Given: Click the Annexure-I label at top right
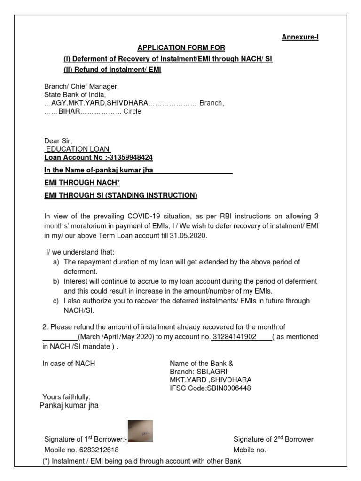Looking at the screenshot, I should click(300, 37).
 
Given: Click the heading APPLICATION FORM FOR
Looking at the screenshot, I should click(181, 48).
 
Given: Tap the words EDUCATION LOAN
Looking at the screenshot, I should click(78, 149).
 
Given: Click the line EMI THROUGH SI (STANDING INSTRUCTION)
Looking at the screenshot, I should click(121, 195).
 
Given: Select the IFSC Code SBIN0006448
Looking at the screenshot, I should click(231, 388).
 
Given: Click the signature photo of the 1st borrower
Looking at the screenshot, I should click(140, 431).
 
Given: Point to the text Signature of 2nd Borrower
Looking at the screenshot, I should click(273, 440).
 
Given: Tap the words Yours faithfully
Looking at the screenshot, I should click(67, 397).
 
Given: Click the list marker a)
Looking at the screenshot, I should click(56, 262).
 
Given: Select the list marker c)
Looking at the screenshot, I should click(56, 301).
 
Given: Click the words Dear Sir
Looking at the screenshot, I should click(58, 140).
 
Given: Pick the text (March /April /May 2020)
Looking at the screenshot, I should click(118, 337).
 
